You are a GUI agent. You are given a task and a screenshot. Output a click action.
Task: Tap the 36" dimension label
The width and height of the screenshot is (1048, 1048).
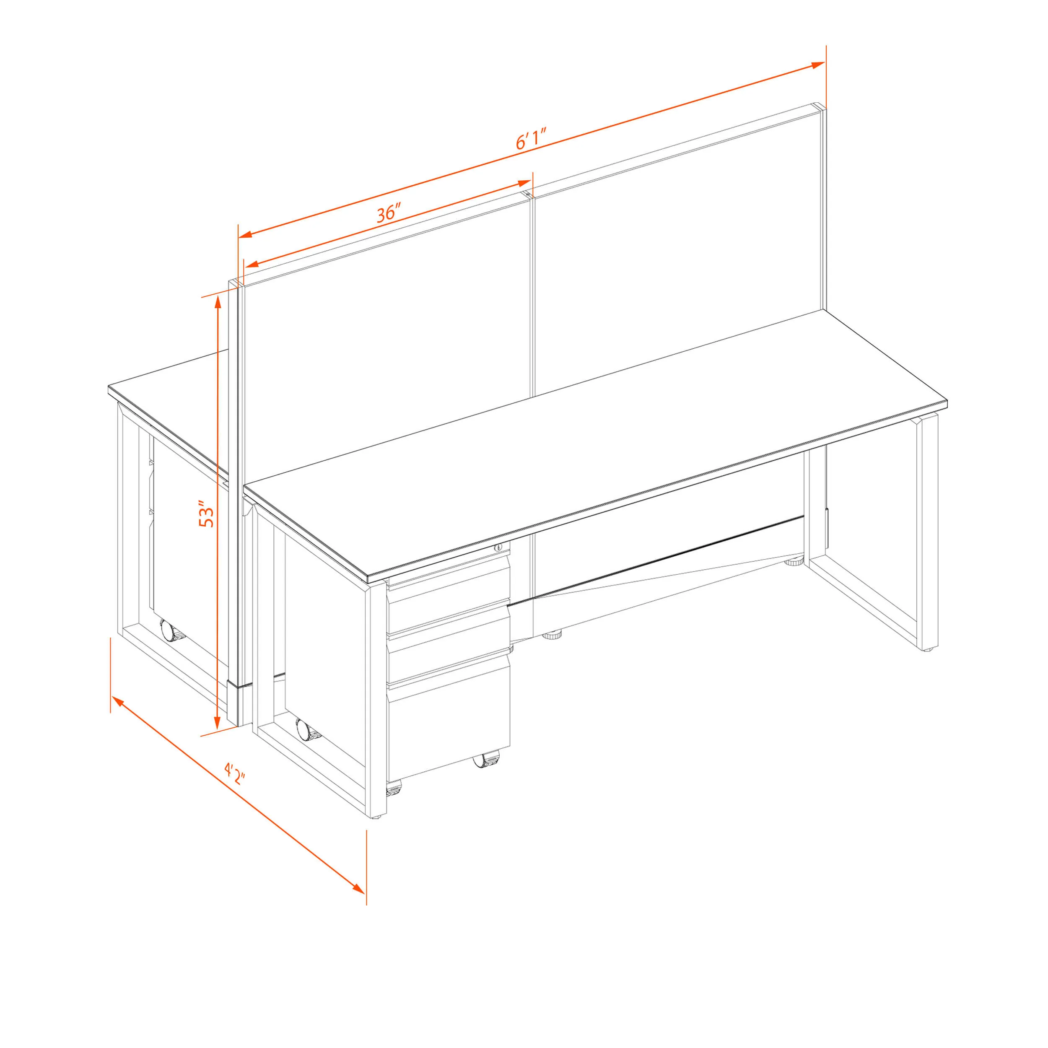pos(389,213)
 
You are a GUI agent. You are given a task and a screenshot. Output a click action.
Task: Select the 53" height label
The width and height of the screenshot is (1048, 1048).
pos(207,516)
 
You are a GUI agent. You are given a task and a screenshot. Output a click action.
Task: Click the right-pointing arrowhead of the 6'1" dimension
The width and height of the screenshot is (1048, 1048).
pos(818,65)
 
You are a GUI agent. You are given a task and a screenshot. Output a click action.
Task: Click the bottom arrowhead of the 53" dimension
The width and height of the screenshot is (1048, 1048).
pos(217,721)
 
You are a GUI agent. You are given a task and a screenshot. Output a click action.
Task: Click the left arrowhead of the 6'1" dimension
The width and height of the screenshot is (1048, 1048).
pos(246,234)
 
